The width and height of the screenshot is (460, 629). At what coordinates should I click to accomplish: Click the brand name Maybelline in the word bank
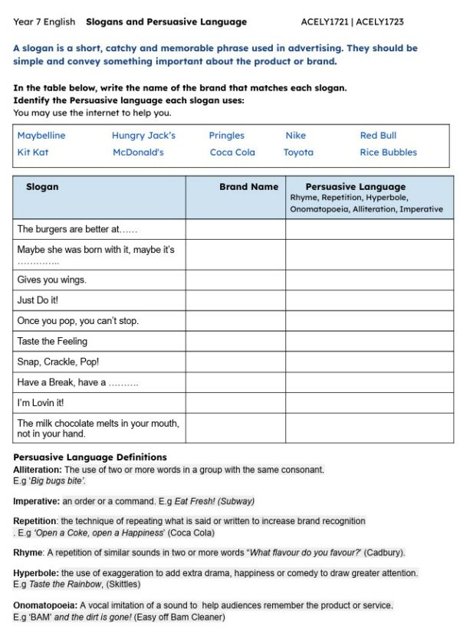(x=41, y=136)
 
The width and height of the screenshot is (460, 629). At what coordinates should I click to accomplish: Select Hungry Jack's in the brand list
(x=143, y=136)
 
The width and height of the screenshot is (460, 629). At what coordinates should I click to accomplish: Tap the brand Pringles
(x=226, y=136)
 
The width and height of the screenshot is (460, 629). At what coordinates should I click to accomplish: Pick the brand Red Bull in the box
(x=378, y=136)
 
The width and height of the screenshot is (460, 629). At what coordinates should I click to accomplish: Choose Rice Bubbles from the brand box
(x=388, y=152)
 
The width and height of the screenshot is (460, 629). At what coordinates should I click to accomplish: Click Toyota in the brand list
(x=298, y=152)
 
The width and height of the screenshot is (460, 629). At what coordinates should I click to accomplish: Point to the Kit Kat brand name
(x=33, y=152)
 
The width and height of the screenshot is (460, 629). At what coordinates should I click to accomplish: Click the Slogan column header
(x=42, y=187)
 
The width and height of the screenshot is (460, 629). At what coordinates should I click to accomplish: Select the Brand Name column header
(x=248, y=187)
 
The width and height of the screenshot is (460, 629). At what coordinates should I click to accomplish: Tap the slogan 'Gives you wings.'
(x=51, y=280)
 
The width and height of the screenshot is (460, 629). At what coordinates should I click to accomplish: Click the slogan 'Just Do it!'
(x=38, y=300)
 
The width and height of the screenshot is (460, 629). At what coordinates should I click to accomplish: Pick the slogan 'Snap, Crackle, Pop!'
(x=58, y=362)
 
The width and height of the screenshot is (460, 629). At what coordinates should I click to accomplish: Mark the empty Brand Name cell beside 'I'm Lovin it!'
(x=235, y=402)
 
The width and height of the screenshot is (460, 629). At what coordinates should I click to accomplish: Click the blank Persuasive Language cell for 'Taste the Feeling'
(x=369, y=341)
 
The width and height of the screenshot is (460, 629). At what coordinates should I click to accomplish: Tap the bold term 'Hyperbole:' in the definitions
(x=36, y=573)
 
